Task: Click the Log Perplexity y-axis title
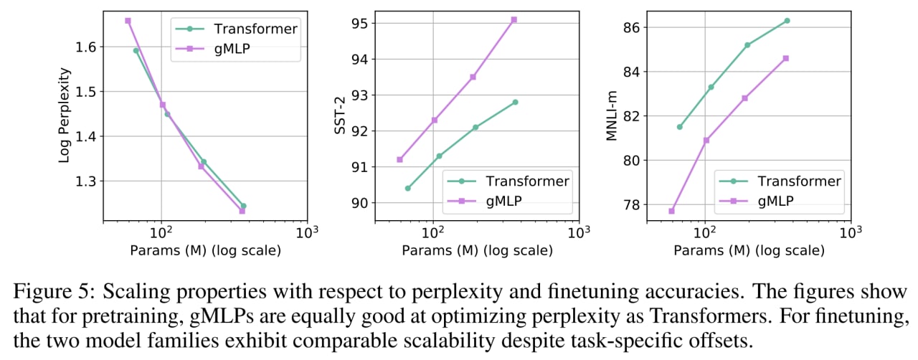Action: (x=65, y=115)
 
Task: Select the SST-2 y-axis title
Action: (x=340, y=115)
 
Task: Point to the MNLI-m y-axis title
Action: (x=611, y=116)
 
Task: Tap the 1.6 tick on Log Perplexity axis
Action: (x=85, y=47)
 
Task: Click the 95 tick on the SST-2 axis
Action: (x=359, y=24)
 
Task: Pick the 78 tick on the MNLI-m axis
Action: (x=632, y=204)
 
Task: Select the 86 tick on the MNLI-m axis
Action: (x=632, y=27)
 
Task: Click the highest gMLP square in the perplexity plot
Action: (x=128, y=21)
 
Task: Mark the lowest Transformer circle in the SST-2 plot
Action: (x=408, y=188)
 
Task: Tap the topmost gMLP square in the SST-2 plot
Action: (x=514, y=19)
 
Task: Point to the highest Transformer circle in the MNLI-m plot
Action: (x=787, y=21)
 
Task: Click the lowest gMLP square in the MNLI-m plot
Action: (x=671, y=211)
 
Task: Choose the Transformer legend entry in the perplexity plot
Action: (x=237, y=29)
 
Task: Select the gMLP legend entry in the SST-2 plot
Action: (x=484, y=201)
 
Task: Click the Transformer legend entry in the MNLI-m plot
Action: (x=780, y=181)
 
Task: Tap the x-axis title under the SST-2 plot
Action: (x=477, y=250)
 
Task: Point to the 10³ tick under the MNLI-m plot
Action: (x=851, y=232)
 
